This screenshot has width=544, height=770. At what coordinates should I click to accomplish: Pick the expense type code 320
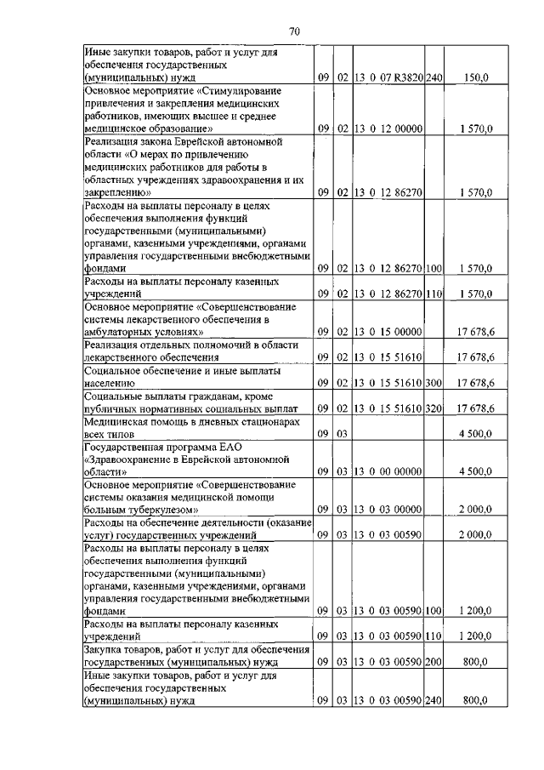[x=434, y=409]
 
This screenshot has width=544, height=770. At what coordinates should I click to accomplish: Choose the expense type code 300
[x=434, y=384]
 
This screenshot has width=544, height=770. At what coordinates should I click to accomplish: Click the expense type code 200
[x=434, y=661]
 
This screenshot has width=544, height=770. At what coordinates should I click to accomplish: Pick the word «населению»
[x=111, y=384]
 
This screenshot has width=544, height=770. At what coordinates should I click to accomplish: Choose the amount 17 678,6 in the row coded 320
[x=477, y=409]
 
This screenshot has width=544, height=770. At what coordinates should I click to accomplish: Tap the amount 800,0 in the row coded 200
[x=477, y=661]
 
